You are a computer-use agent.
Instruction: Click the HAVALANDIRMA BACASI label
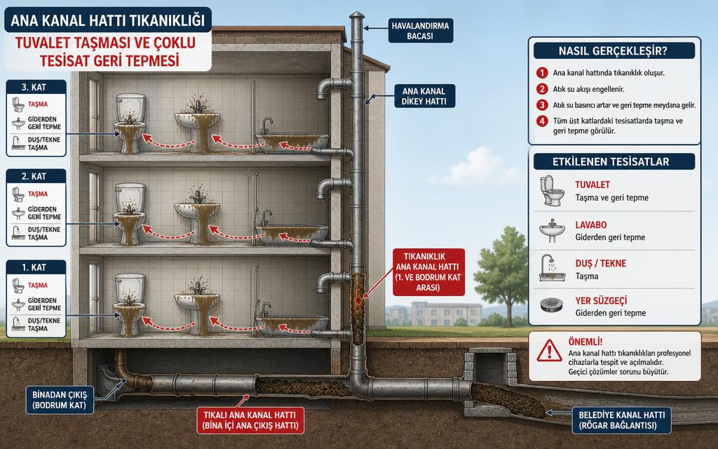pyautogui.click(x=421, y=31)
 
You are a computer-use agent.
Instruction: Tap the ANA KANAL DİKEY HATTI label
pyautogui.click(x=424, y=96)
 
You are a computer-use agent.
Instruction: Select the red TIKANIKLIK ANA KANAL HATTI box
pyautogui.click(x=428, y=272)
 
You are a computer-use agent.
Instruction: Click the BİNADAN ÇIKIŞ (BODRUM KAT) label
pyautogui.click(x=60, y=400)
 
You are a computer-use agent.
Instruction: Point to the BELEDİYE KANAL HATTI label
pyautogui.click(x=621, y=420)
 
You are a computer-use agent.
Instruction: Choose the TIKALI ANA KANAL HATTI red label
pyautogui.click(x=250, y=420)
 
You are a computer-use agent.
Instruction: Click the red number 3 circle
pyautogui.click(x=542, y=105)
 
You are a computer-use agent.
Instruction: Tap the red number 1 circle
pyautogui.click(x=542, y=72)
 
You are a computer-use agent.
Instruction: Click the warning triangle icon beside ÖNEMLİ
pyautogui.click(x=549, y=351)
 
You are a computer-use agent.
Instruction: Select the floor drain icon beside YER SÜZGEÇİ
pyautogui.click(x=551, y=305)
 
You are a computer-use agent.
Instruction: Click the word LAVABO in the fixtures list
pyautogui.click(x=590, y=225)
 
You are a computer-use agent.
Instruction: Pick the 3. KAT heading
pyautogui.click(x=34, y=87)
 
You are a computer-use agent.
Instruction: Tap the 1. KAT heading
pyautogui.click(x=34, y=267)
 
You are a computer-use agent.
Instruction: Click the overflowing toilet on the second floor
pyautogui.click(x=130, y=213)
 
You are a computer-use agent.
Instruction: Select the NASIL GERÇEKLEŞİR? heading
pyautogui.click(x=613, y=51)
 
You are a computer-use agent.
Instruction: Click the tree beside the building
pyautogui.click(x=502, y=275)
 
